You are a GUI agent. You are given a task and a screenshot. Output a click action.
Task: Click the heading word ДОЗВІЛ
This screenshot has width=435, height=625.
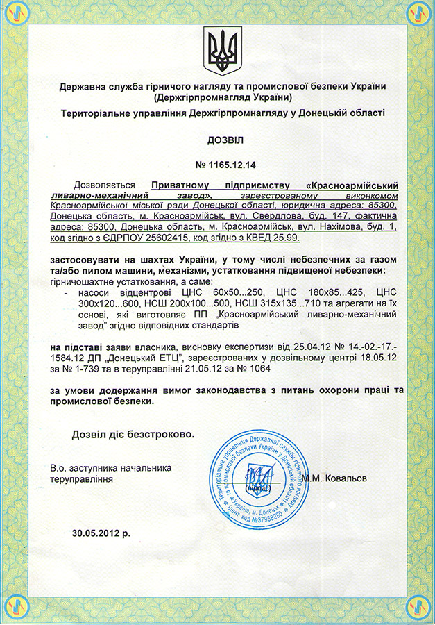pos(217,140)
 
